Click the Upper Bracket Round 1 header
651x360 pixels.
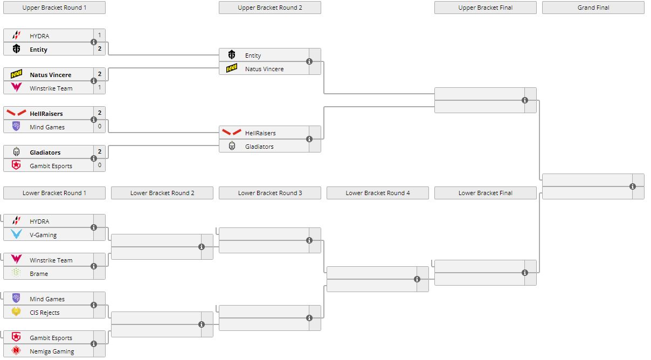click(x=54, y=8)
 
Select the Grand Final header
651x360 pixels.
click(x=593, y=8)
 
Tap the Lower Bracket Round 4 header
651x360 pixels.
click(x=377, y=193)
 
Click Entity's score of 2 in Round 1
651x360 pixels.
click(x=99, y=49)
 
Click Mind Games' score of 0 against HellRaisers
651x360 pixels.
click(x=99, y=127)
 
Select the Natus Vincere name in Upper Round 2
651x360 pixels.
click(x=264, y=69)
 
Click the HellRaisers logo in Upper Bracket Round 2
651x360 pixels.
click(x=232, y=133)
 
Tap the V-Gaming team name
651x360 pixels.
click(x=43, y=235)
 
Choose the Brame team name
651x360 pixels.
click(x=39, y=274)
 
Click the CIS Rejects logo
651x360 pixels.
click(x=16, y=312)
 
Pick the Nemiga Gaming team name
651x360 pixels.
click(x=52, y=351)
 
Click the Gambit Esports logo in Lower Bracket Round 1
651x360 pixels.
click(x=16, y=337)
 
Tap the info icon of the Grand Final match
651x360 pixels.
click(x=633, y=186)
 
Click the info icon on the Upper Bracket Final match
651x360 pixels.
click(x=525, y=100)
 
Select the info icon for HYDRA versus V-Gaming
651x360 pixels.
click(x=94, y=227)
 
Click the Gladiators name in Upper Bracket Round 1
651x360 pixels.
click(x=45, y=153)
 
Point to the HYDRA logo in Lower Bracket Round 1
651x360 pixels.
click(x=16, y=221)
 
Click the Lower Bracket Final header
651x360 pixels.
click(x=485, y=193)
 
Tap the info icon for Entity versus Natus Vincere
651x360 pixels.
click(x=309, y=61)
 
